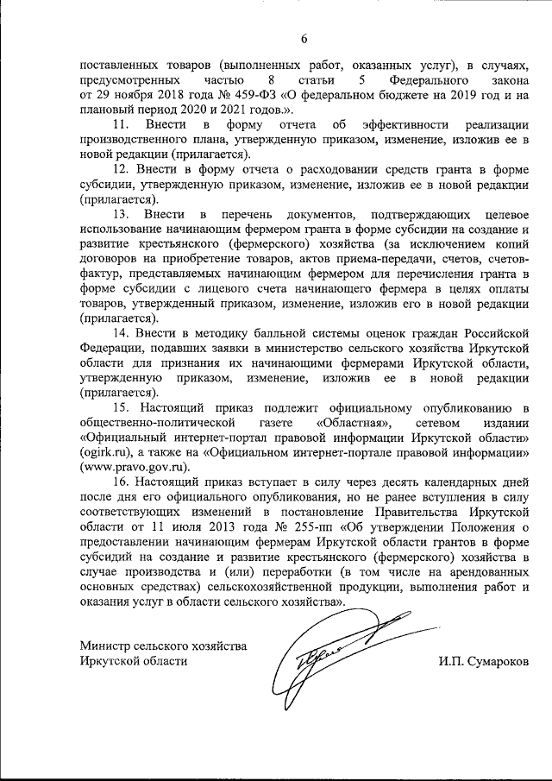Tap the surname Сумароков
coord(498,661)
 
